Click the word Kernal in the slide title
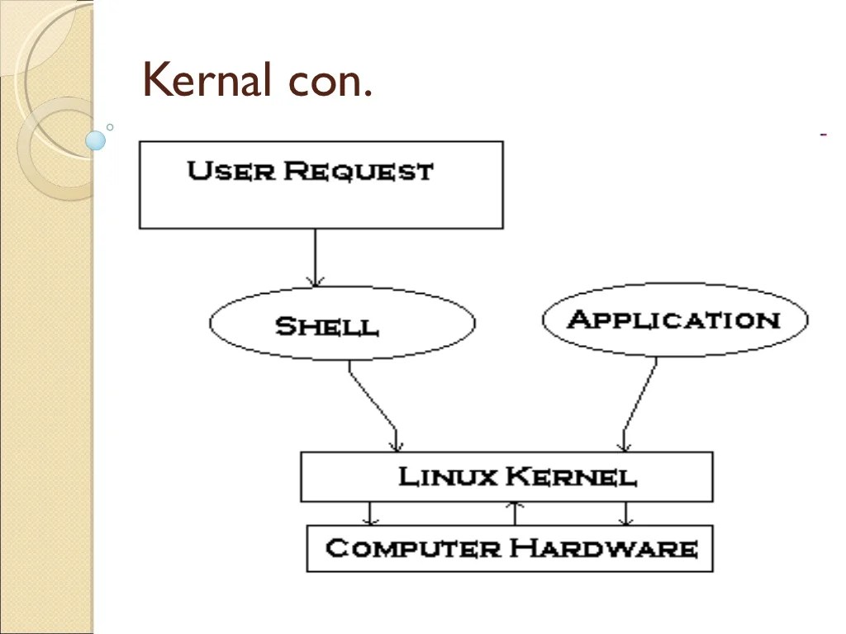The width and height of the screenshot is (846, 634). (208, 80)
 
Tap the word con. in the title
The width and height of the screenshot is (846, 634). (330, 82)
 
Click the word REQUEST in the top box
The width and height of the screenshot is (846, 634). (358, 172)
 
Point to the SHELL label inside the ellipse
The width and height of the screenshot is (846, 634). (327, 326)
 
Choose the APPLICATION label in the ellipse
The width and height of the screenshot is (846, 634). (674, 319)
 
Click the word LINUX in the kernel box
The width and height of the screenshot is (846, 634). (447, 476)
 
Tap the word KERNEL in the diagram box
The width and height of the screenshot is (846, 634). (572, 476)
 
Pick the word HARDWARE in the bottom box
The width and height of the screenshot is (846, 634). (603, 548)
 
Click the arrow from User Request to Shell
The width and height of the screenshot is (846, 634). (315, 256)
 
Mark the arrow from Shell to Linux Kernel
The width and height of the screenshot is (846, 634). (373, 405)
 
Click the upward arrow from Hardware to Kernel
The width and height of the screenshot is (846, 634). (516, 513)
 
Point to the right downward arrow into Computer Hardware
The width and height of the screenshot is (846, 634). (625, 513)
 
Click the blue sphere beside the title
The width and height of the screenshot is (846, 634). (96, 140)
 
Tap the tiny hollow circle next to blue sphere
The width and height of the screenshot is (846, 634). (109, 127)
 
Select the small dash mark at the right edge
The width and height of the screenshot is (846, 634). (824, 134)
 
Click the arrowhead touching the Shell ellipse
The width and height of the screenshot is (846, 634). (315, 281)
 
